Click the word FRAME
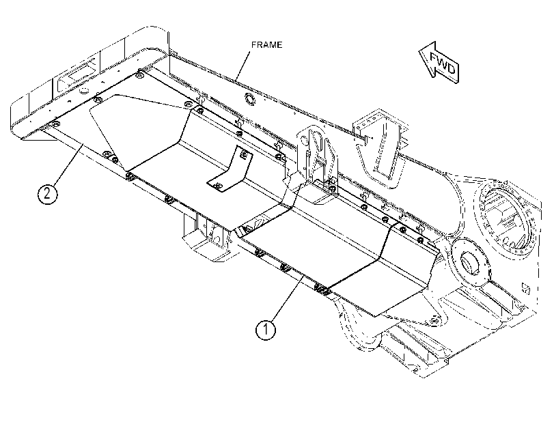[x=267, y=45]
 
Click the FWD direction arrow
[x=439, y=63]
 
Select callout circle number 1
[x=265, y=330]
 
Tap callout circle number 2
[x=47, y=193]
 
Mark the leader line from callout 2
[x=68, y=165]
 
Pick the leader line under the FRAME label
[x=243, y=66]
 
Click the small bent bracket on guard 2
[x=230, y=170]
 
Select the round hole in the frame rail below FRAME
[x=249, y=99]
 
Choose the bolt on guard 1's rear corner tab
[x=435, y=321]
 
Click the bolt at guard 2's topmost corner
[x=140, y=75]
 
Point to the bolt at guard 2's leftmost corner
[x=55, y=124]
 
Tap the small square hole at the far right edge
[x=526, y=289]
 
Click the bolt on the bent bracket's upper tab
[x=244, y=154]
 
